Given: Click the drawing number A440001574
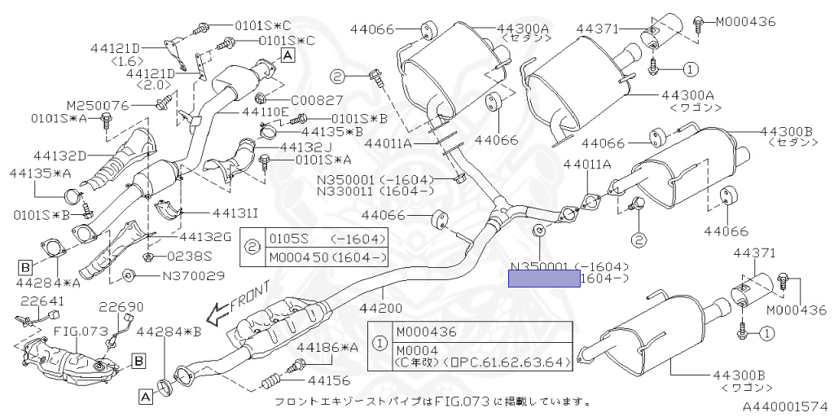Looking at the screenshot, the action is click(784, 405).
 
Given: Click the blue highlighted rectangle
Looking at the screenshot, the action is click(544, 280).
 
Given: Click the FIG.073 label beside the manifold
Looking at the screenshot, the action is click(81, 331).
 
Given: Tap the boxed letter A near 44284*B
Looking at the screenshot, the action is click(145, 397).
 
